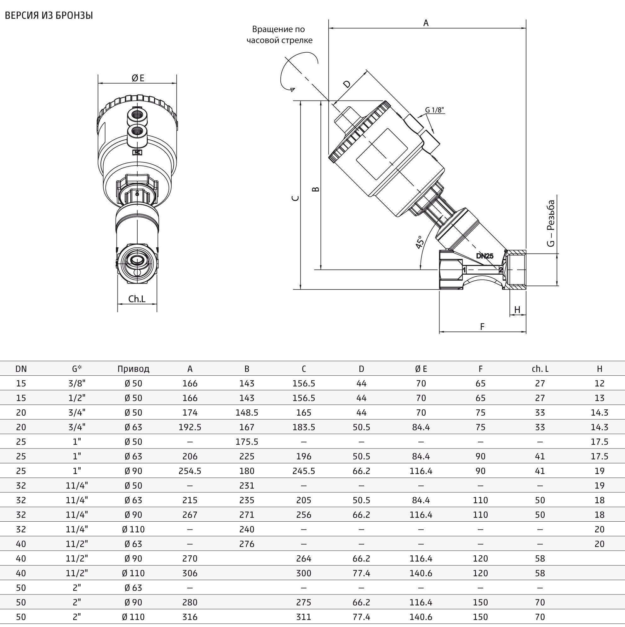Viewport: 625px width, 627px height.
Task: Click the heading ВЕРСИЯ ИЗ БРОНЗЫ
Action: point(49,15)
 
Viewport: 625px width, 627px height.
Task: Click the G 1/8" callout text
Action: point(434,110)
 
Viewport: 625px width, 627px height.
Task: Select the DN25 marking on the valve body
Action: point(485,256)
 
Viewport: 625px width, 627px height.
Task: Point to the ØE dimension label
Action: point(138,78)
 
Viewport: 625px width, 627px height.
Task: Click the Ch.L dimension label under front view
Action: point(137,299)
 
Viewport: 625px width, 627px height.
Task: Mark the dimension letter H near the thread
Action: point(517,310)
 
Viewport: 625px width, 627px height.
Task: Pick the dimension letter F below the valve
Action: point(482,326)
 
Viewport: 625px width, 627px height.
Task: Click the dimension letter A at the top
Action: point(426,23)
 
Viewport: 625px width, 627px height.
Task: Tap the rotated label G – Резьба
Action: point(551,223)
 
